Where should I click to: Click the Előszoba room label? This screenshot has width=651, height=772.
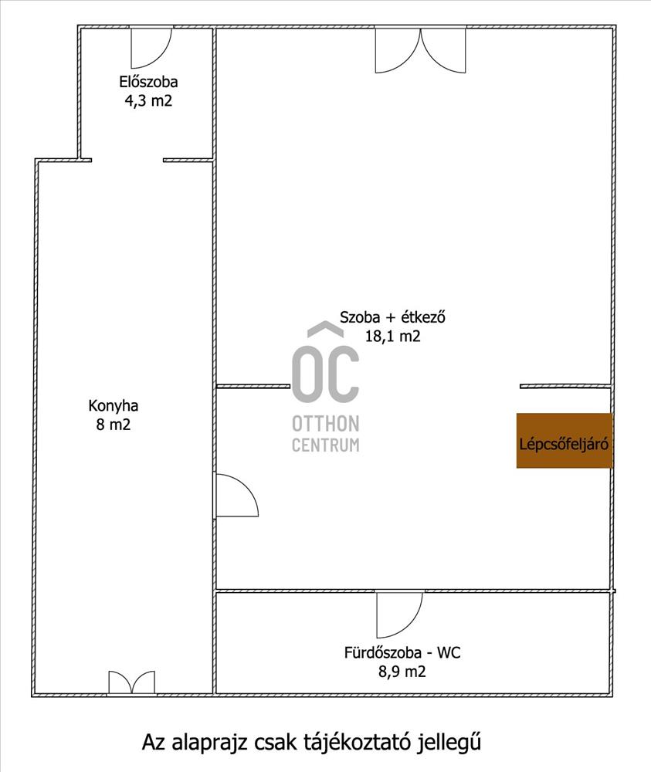(x=148, y=82)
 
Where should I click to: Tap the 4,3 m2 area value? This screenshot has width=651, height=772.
(x=148, y=101)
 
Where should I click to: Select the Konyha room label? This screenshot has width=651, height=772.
(x=114, y=406)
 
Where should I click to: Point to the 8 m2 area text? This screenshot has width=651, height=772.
(x=114, y=425)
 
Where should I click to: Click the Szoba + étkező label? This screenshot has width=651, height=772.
(x=392, y=317)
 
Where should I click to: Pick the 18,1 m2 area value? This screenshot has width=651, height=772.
(x=392, y=337)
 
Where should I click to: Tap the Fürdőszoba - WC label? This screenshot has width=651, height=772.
(x=402, y=653)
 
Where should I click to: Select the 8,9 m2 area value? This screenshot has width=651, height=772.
(x=402, y=672)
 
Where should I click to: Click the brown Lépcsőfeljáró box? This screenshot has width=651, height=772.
(x=565, y=440)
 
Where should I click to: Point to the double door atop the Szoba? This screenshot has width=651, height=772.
(x=421, y=50)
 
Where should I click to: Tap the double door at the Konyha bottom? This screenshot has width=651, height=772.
(x=131, y=682)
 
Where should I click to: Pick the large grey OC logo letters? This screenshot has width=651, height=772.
(x=326, y=372)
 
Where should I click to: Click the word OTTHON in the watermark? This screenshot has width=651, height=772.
(x=326, y=423)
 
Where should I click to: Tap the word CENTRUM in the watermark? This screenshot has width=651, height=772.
(x=326, y=445)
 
